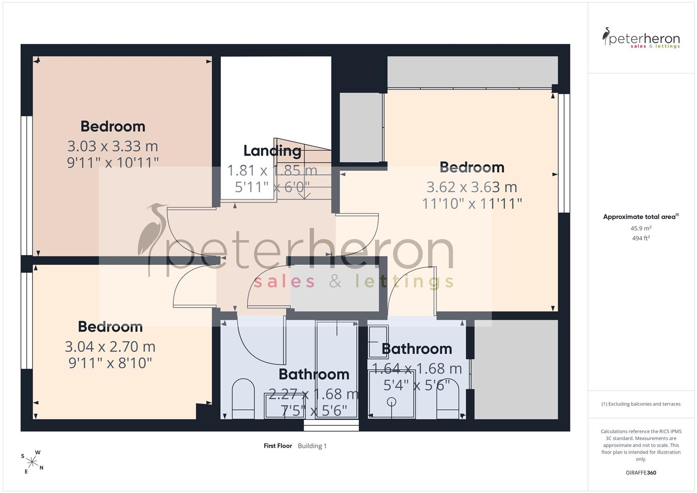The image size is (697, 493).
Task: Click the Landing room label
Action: pos(272,151)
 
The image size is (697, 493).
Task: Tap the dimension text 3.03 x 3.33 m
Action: pos(113,146)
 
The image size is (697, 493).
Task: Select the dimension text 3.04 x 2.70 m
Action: pos(110,347)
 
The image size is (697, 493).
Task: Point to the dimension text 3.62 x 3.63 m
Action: pos(472,187)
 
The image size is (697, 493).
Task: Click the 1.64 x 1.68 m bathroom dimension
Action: pos(417,369)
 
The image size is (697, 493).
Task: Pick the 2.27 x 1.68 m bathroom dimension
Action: pos(314,394)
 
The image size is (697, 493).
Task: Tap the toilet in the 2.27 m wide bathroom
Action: pos(243,399)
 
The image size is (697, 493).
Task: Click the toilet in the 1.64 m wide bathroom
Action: pos(448,399)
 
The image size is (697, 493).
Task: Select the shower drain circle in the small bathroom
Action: pos(392,402)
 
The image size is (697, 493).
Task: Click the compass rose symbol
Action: pos(32,462)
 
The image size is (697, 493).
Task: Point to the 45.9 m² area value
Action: pos(641,228)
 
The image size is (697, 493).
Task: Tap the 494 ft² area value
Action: pos(641,238)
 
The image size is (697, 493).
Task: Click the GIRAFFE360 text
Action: pos(641,473)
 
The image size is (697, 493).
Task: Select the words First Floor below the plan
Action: pos(278,446)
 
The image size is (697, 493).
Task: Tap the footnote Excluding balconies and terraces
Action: pos(641,404)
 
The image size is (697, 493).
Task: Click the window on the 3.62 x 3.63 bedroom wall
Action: pos(564,153)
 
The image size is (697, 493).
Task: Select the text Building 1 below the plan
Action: pos(312,446)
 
